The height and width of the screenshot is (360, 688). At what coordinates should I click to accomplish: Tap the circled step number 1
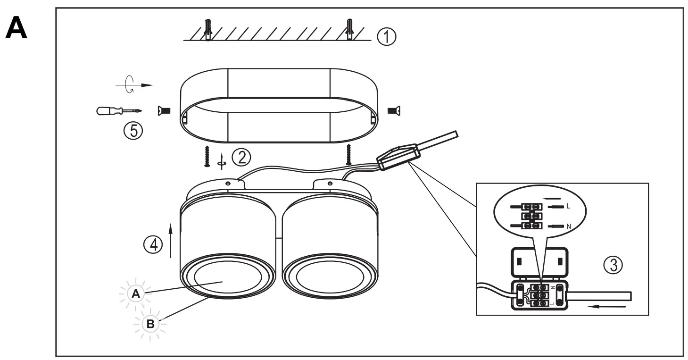[x=387, y=37]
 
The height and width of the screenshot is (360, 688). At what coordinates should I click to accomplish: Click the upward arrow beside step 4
[x=171, y=241]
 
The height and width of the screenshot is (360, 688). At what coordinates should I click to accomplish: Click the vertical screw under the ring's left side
[x=206, y=155]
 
